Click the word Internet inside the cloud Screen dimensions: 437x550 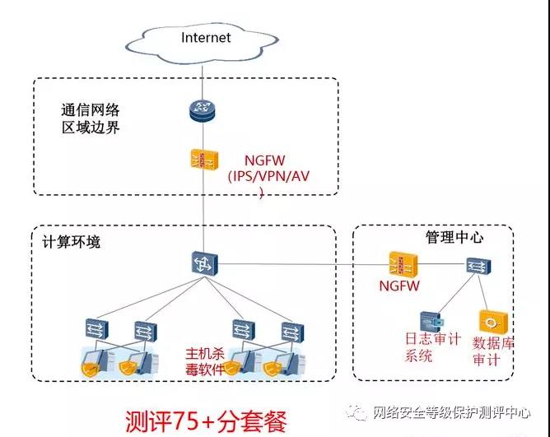coord(206,37)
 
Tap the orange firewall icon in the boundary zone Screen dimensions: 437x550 coord(201,161)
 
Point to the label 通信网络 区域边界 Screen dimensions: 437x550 coord(91,119)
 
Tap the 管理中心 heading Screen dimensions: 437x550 coord(454,238)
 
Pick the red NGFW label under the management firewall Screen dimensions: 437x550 coord(399,286)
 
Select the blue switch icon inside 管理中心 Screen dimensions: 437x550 coord(477,265)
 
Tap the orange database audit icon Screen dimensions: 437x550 coord(493,321)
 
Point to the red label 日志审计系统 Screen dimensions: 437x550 coord(431,347)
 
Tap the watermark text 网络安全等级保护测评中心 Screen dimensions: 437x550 coord(451,412)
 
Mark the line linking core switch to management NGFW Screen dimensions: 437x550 coord(305,264)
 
